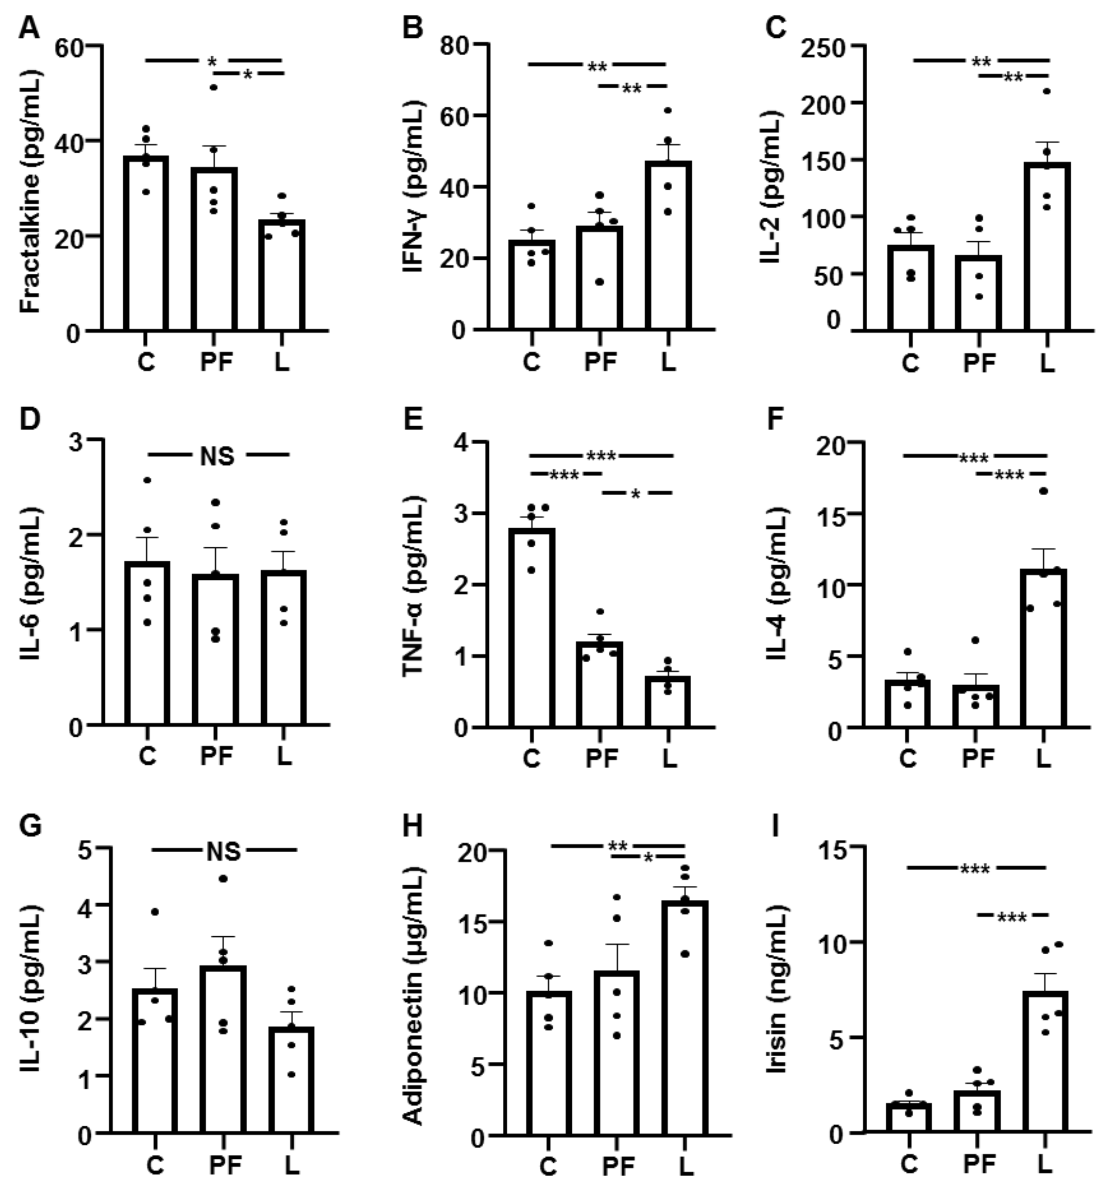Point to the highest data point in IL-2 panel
click(x=1047, y=91)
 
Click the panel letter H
click(x=412, y=826)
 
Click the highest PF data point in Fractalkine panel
click(x=213, y=88)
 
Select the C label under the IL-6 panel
click(x=147, y=756)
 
